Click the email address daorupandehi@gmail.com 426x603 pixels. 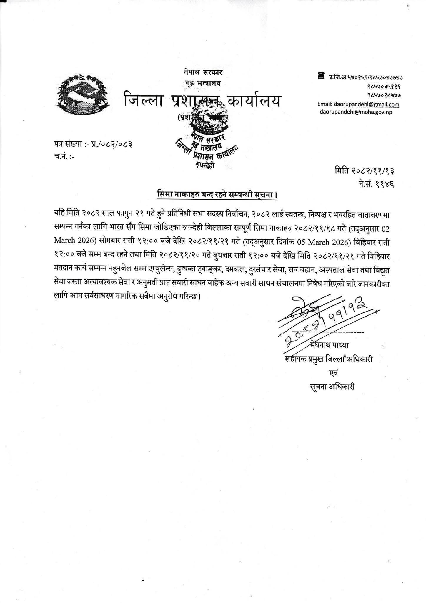click(366, 104)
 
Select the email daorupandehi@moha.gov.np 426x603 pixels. click(356, 112)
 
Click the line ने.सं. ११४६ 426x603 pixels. click(375, 184)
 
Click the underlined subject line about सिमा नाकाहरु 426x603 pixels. click(217, 195)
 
